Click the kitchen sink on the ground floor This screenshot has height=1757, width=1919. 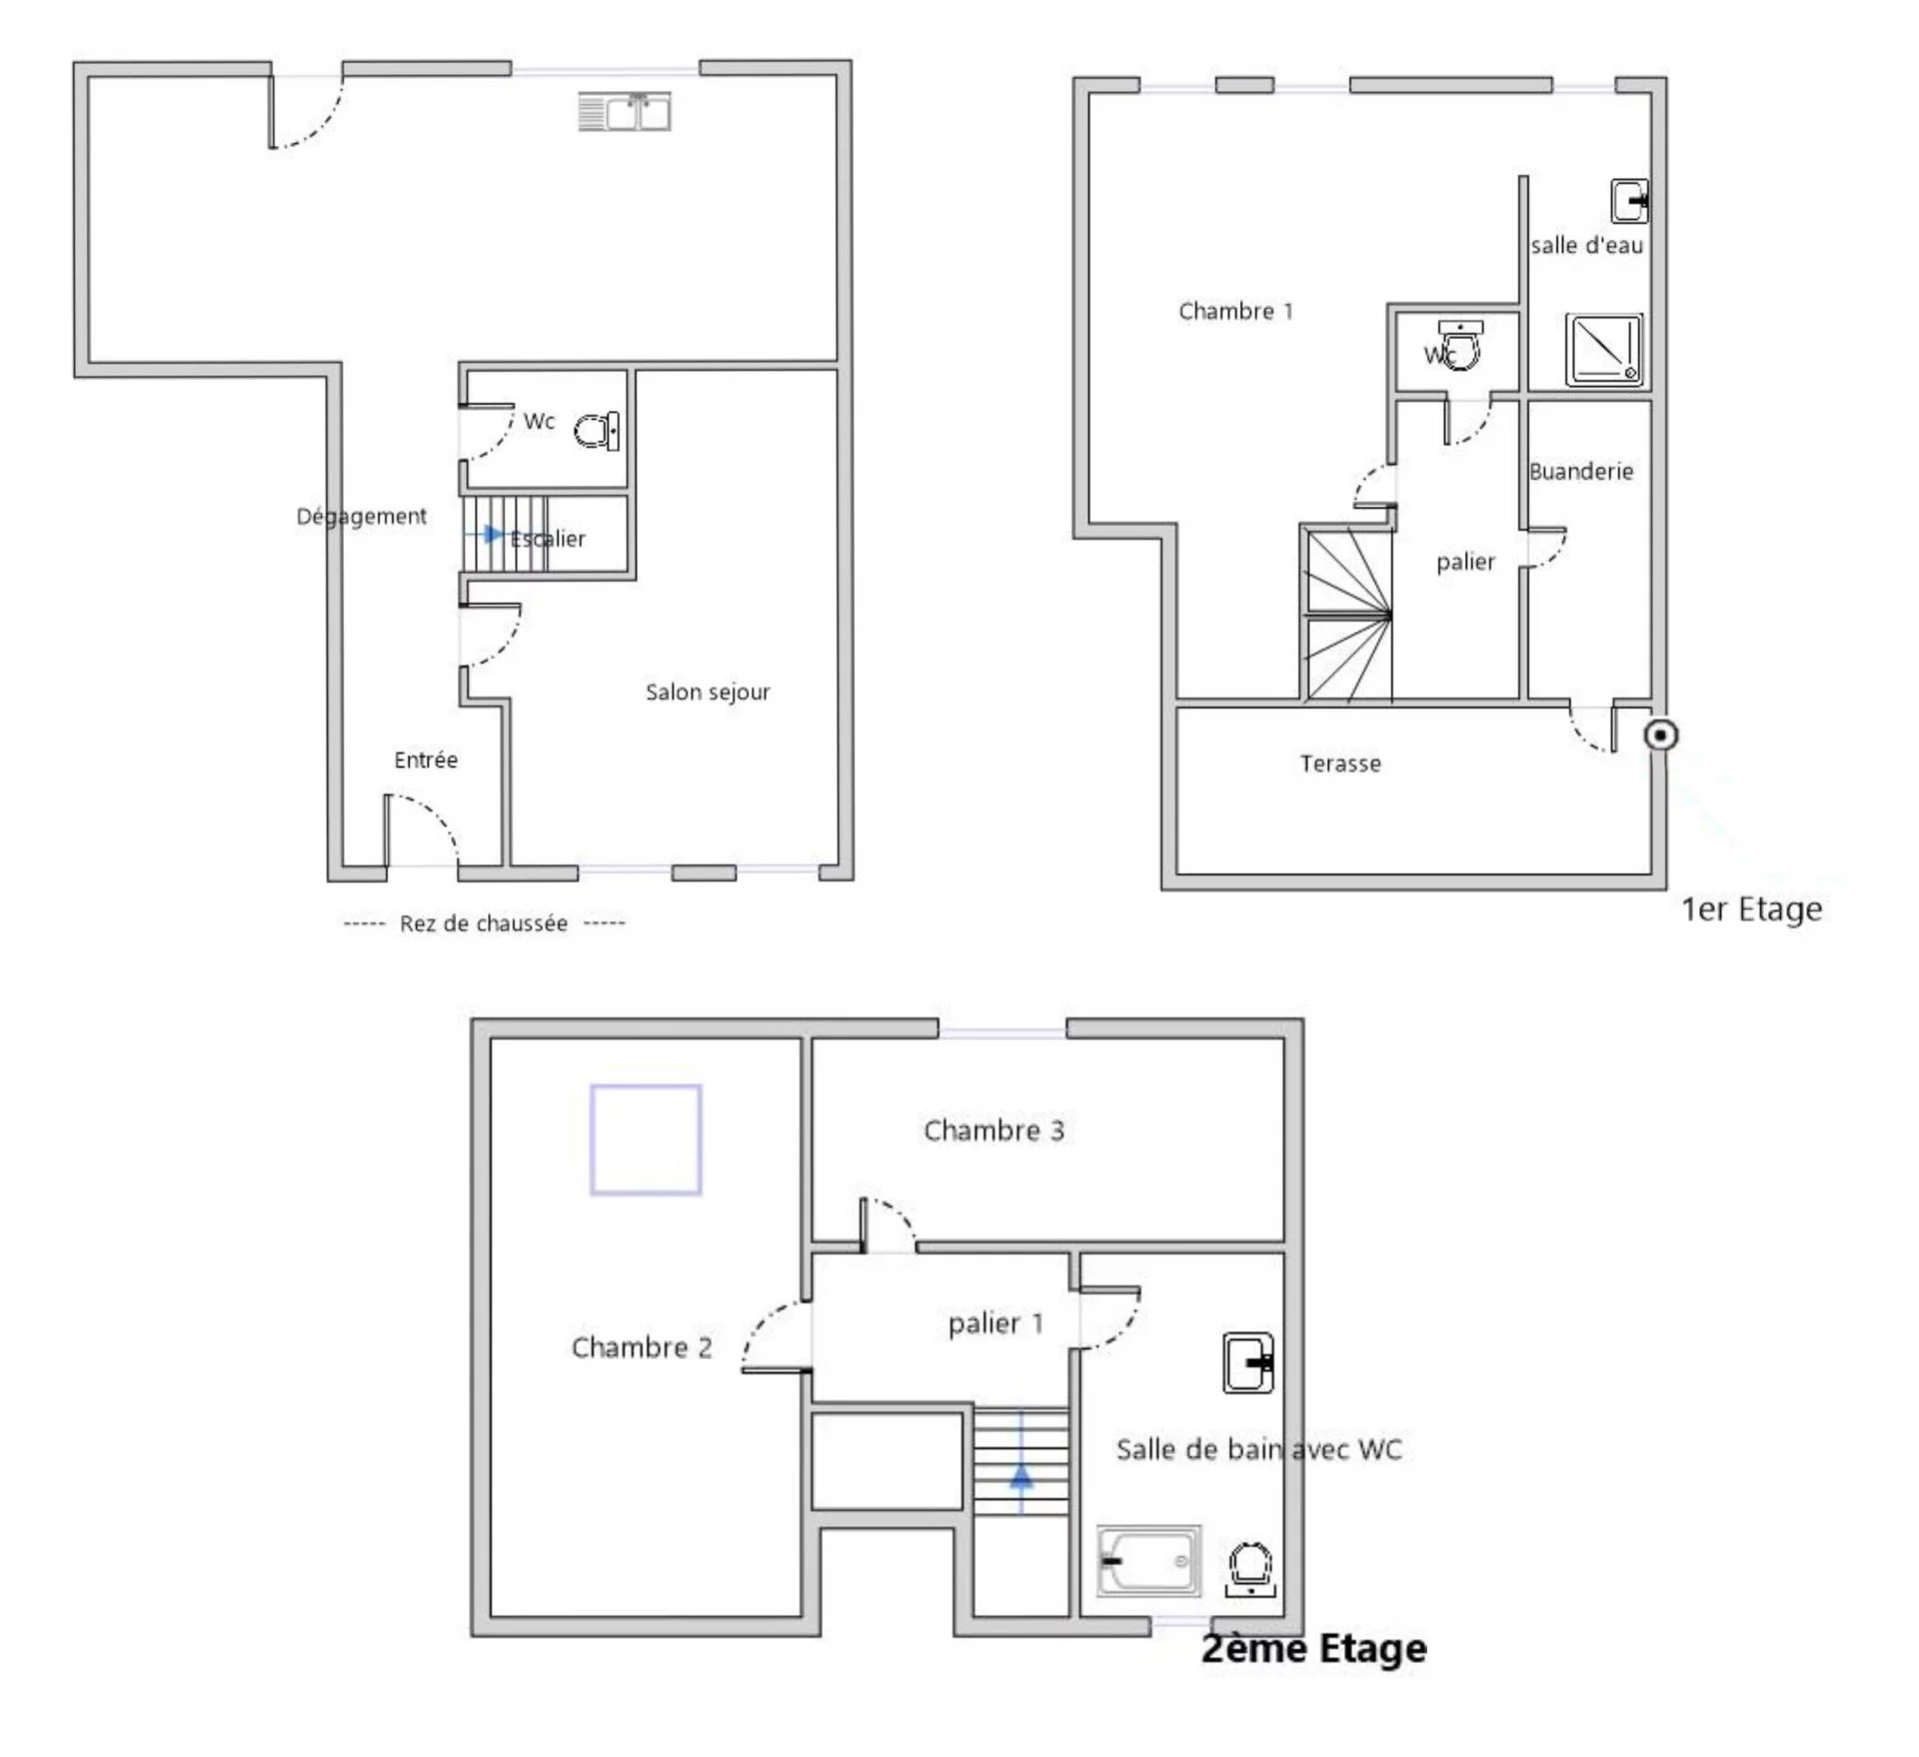click(625, 111)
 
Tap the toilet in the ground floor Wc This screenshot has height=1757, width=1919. click(597, 431)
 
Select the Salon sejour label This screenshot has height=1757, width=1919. click(708, 692)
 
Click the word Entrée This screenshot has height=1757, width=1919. click(426, 760)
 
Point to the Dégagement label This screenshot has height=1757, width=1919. click(362, 517)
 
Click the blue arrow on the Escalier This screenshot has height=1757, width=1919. click(485, 535)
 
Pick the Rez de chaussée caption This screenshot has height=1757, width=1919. click(484, 923)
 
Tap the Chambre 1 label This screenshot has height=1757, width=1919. click(1235, 311)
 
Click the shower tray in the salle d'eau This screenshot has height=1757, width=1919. click(1604, 350)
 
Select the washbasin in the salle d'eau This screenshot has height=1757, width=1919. click(1629, 201)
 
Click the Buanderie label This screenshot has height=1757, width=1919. click(1581, 471)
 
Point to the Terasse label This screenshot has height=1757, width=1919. click(1340, 764)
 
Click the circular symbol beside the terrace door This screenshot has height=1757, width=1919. click(1661, 736)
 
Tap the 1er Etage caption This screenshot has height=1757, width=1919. click(1752, 909)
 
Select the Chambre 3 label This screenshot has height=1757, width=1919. click(993, 1130)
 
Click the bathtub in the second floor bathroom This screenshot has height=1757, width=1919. click(1148, 1560)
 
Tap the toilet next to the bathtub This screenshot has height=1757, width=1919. click(1249, 1569)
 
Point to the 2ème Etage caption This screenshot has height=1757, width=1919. click(1313, 1648)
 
